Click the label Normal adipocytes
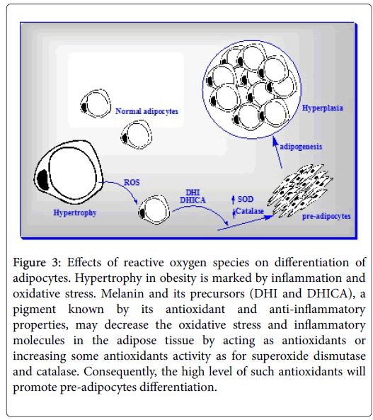(147, 111)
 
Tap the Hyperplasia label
(322, 108)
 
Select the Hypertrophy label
(75, 212)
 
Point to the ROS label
(132, 183)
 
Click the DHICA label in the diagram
(193, 200)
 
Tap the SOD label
(246, 199)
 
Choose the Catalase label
(250, 211)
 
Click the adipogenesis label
(301, 147)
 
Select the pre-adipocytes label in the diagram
(326, 216)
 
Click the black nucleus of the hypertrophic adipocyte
(43, 180)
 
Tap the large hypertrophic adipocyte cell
(68, 172)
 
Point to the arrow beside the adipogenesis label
(277, 153)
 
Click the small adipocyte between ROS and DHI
(154, 210)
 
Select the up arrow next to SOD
(234, 200)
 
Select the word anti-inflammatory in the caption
(317, 310)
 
